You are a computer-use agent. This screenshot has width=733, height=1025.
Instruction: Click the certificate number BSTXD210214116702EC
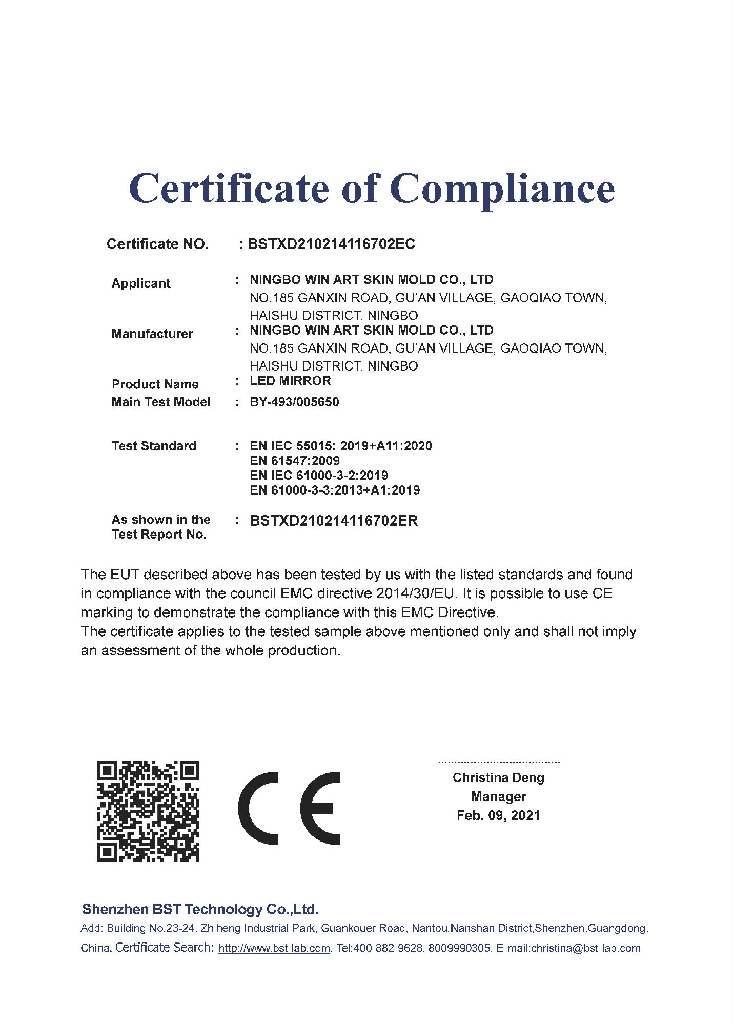(x=331, y=244)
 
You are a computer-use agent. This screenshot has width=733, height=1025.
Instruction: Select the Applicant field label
(x=141, y=283)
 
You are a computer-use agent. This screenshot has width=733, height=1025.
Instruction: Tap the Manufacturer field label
(x=152, y=334)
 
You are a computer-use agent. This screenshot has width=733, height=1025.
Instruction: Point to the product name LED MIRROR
(x=290, y=381)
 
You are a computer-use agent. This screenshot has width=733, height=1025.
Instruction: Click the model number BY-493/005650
(x=294, y=402)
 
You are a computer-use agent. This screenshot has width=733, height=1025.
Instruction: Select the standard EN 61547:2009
(x=295, y=460)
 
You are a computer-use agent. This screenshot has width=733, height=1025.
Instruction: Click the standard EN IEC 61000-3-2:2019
(x=319, y=475)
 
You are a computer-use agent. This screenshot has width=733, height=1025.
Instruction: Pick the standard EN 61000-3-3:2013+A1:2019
(x=335, y=490)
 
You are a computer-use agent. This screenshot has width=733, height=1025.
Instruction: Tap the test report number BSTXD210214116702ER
(x=334, y=521)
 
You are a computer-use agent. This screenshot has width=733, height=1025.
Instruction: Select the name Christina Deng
(x=498, y=777)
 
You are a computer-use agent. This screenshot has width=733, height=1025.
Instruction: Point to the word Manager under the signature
(x=498, y=796)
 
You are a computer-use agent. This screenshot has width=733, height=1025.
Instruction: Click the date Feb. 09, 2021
(x=498, y=815)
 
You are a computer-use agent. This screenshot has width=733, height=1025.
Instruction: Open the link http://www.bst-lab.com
(x=274, y=948)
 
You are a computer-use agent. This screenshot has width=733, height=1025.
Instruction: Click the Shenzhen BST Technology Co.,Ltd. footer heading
(x=200, y=909)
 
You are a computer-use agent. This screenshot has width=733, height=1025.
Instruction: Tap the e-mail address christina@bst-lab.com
(x=586, y=948)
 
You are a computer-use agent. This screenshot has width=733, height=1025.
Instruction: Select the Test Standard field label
(x=154, y=446)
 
